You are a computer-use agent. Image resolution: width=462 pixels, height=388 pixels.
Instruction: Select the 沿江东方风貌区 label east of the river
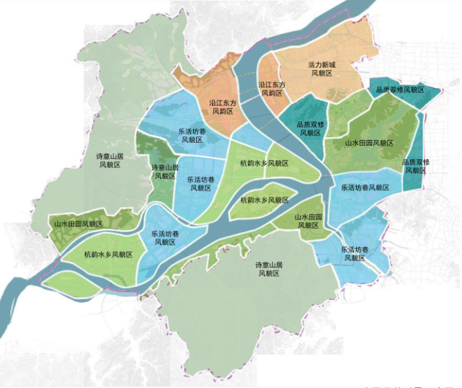pos(272,89)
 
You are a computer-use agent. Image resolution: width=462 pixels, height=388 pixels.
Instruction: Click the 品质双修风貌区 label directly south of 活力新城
pos(311,128)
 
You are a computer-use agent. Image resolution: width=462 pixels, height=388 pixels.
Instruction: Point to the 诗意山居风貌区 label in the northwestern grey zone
pos(110,160)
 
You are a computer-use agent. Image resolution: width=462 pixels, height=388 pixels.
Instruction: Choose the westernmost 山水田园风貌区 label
pos(84,224)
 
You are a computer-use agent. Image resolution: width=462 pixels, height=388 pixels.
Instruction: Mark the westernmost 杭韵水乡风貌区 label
pos(108,255)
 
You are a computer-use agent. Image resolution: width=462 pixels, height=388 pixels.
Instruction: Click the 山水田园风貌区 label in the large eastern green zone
pos(369,144)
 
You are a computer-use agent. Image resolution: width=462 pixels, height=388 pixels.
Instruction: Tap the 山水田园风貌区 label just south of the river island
pos(307,221)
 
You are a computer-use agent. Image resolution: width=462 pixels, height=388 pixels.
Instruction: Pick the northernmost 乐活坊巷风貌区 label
pos(191,136)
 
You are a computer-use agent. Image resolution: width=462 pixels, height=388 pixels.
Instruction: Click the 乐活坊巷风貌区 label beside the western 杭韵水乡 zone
pos(164,238)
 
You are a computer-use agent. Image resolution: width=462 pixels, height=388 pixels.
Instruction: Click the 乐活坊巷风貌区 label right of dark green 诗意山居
pos(199,183)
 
